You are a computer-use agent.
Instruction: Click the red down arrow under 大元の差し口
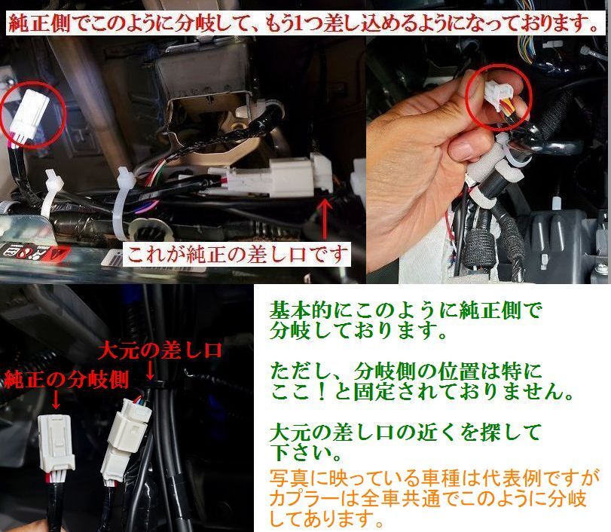coord(148,371)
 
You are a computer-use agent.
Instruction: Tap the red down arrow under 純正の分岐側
coord(56,396)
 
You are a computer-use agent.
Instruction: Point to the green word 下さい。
coord(301,454)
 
